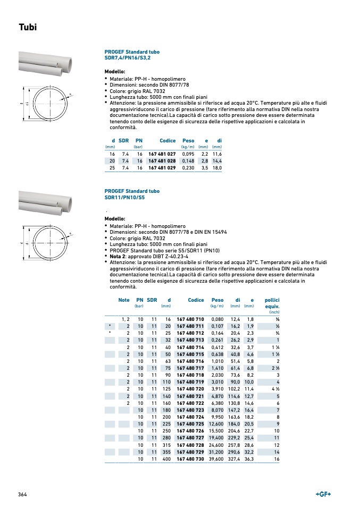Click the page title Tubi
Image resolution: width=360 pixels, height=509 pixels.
28,27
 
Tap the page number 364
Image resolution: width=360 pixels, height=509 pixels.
22,495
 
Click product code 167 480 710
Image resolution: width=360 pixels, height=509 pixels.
190,319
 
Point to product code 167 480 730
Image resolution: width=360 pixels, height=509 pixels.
190,459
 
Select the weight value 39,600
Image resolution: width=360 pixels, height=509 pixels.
216,459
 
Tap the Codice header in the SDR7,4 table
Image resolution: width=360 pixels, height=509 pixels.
168,140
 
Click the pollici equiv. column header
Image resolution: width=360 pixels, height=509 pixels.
272,303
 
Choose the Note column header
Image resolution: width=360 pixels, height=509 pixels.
124,300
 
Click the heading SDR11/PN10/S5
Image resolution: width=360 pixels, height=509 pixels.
124,198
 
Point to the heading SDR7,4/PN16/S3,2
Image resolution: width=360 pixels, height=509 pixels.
128,57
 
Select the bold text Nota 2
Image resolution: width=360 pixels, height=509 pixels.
118,256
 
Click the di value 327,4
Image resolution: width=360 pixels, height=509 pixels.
235,459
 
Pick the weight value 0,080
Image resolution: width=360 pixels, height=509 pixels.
217,319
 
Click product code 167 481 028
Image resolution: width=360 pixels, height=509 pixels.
162,160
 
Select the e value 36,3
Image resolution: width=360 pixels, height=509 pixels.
249,459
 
